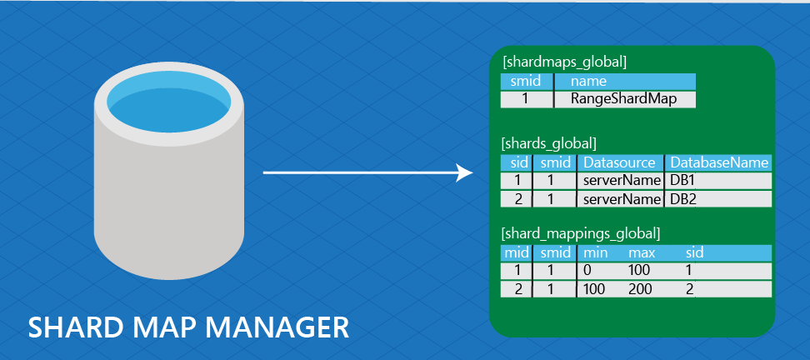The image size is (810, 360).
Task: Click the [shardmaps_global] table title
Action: (564, 61)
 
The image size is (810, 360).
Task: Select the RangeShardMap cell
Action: (623, 99)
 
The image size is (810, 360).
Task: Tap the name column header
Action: (588, 82)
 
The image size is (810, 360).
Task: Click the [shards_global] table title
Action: (548, 143)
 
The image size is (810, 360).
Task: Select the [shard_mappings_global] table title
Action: (581, 232)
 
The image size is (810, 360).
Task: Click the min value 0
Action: (587, 270)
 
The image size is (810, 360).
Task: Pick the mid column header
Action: (511, 252)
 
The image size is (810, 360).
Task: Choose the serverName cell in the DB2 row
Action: (620, 200)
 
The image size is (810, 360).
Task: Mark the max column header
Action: (642, 252)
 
